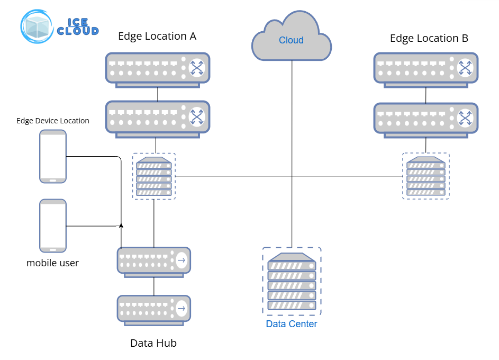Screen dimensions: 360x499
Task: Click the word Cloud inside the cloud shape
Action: pos(291,40)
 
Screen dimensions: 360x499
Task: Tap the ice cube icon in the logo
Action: pos(38,26)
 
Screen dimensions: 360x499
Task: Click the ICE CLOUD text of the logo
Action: pos(78,27)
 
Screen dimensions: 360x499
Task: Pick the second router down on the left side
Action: pos(157,117)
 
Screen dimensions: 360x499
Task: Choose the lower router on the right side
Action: pos(426,117)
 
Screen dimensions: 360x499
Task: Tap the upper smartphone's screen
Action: pos(53,155)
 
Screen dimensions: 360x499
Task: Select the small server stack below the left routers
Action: pos(153,176)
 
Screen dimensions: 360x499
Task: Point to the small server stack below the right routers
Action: pos(426,176)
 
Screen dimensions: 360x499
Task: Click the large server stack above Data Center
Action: pos(292,282)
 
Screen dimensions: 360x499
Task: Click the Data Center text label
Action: pos(291,324)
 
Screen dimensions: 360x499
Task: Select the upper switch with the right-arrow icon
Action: pos(153,260)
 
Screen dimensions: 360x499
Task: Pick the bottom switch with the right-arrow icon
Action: pos(153,309)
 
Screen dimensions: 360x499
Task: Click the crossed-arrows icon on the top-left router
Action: pos(197,68)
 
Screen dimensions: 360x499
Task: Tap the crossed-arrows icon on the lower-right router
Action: pos(465,117)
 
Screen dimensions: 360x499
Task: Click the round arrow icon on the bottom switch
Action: pos(182,309)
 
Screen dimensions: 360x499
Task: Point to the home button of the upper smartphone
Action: pos(53,180)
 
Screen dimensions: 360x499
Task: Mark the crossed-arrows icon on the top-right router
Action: pos(465,68)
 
